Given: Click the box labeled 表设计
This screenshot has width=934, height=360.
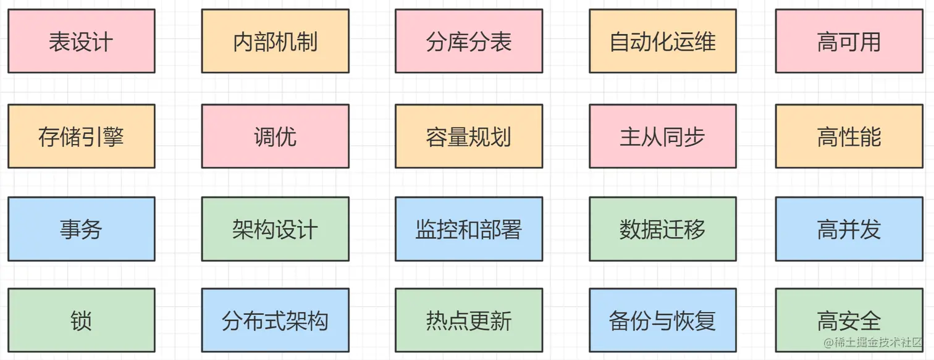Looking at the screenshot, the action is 81,41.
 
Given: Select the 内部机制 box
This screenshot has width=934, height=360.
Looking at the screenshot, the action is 275,41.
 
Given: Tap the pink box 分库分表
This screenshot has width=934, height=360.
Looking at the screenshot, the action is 469,41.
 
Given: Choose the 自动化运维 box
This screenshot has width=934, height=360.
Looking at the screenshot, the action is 662,41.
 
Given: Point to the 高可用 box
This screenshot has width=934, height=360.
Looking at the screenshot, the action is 849,41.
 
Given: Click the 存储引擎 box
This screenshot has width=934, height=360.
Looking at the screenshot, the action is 81,136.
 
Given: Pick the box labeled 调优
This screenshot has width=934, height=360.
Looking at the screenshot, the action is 275,136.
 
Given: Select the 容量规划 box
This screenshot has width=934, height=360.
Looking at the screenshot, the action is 469,136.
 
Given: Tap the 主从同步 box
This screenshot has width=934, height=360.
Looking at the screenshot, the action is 662,136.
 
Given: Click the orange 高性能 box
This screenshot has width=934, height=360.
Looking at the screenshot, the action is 849,136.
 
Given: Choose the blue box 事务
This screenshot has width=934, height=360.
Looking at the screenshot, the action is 81,229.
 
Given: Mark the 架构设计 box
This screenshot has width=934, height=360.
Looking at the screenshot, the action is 275,229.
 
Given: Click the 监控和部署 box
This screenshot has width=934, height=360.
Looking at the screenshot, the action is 469,229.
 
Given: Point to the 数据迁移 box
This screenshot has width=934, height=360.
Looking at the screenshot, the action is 662,229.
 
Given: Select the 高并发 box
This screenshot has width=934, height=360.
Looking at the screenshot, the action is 849,229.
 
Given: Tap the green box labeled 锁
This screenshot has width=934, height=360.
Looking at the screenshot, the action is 81,320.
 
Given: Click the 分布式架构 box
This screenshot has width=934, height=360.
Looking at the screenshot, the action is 275,320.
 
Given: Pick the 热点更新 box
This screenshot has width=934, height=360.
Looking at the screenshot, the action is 469,320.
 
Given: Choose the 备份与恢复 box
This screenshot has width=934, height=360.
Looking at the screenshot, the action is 662,320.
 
